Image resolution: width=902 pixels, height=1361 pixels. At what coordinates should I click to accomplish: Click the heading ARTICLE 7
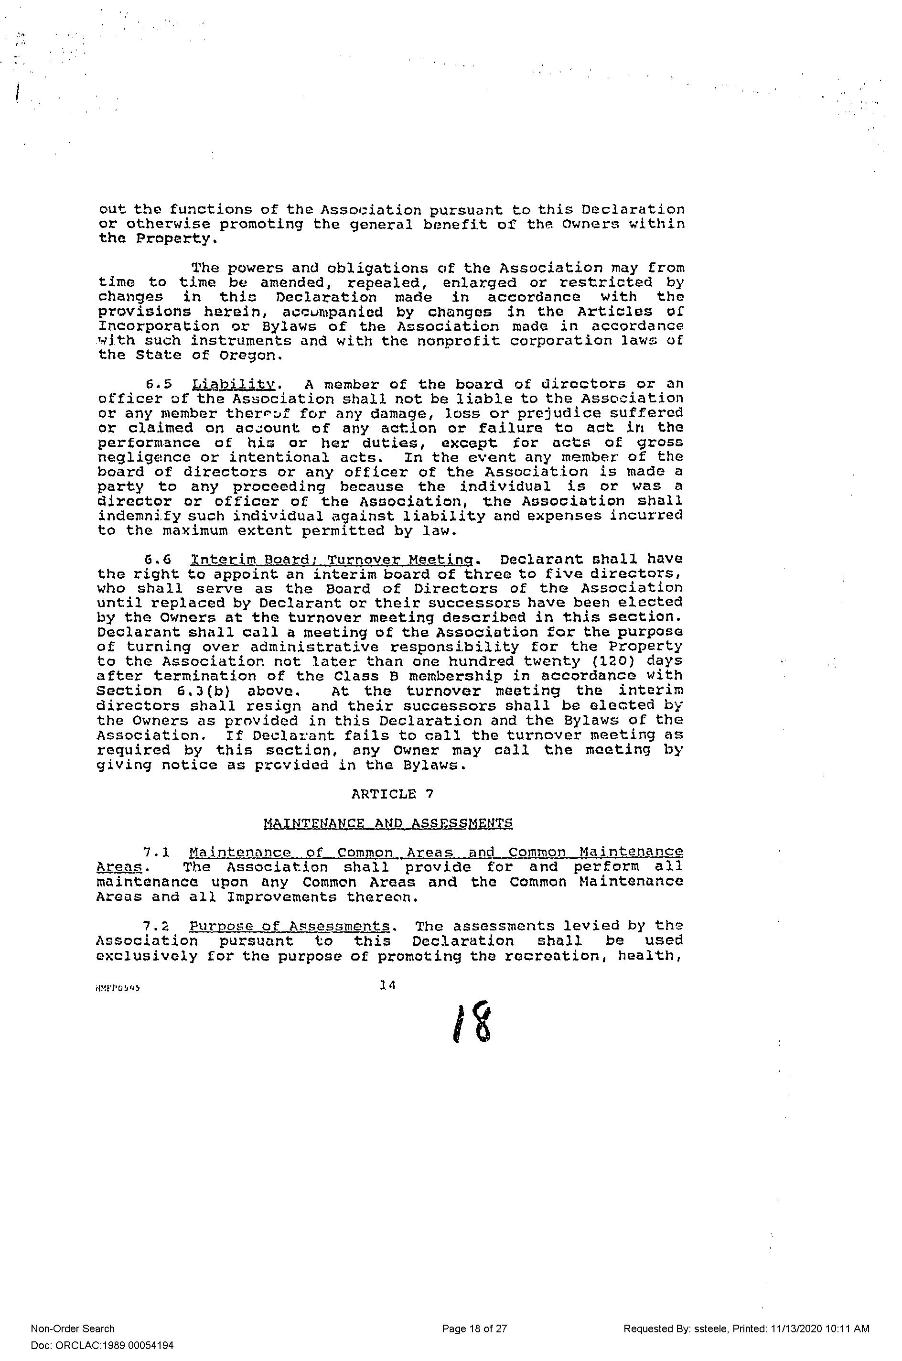392,794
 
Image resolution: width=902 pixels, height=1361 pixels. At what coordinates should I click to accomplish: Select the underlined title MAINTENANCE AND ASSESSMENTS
388,823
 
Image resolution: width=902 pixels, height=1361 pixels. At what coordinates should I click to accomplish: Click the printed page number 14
388,985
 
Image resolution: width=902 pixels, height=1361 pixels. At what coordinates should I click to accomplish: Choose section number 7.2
157,926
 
